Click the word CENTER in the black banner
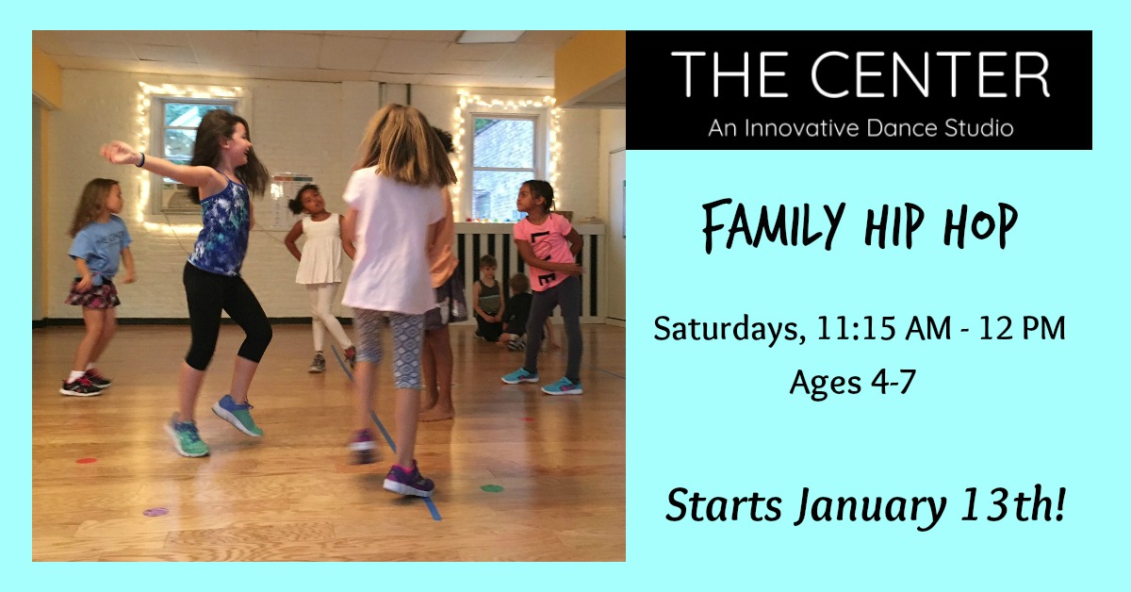[930, 74]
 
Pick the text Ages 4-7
[852, 382]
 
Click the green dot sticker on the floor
[491, 488]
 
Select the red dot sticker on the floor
[86, 461]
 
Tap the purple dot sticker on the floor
[156, 512]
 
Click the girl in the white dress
[320, 273]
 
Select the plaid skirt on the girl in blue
[92, 293]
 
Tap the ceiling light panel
[488, 37]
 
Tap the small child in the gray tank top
[488, 298]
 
